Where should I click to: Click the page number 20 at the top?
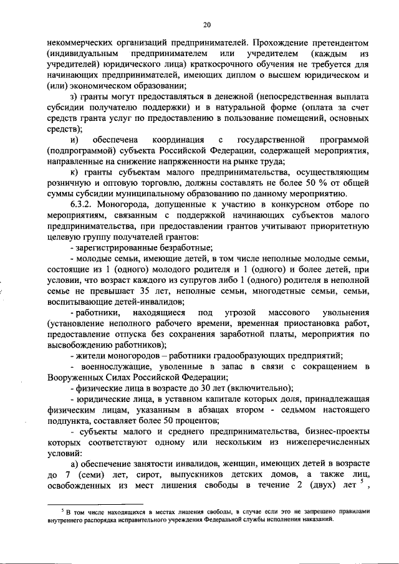click(x=208, y=24)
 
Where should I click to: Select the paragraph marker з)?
click(x=75, y=97)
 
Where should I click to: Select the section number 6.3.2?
click(x=82, y=204)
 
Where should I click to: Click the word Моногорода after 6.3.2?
click(x=126, y=204)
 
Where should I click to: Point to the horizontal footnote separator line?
click(x=97, y=502)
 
